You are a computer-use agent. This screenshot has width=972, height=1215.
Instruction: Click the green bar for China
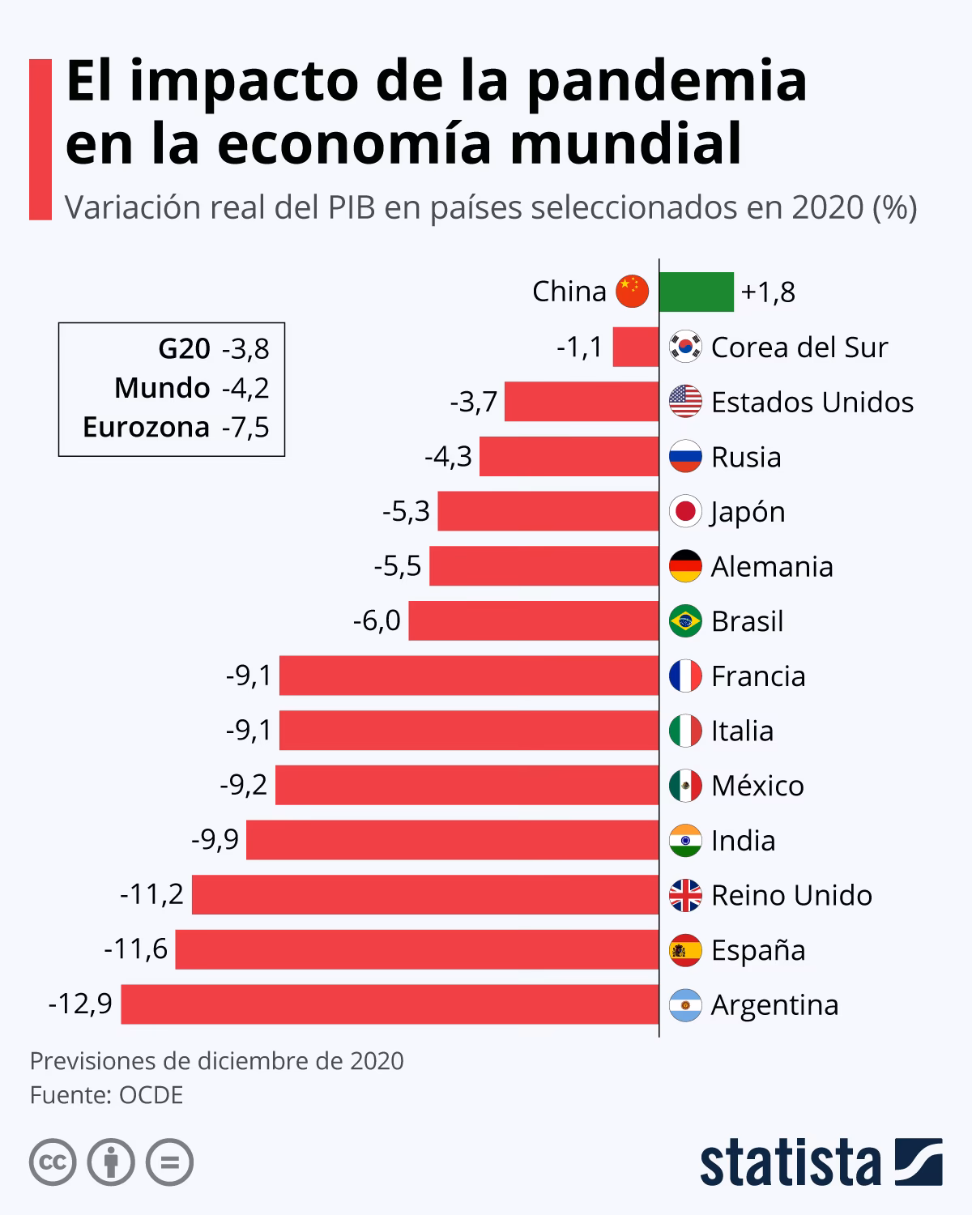coord(696,292)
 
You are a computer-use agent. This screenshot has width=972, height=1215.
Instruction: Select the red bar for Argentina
coord(390,1004)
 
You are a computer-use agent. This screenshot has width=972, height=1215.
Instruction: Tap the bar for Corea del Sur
coord(635,347)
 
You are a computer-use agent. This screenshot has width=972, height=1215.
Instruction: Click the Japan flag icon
coord(685,511)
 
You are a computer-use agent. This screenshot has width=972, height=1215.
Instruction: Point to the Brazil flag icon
coord(685,621)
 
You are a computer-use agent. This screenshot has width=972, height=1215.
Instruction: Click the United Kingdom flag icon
coord(685,895)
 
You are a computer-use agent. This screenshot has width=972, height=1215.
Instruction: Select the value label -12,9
coord(80,1004)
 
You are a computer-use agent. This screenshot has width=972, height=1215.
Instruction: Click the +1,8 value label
coord(768,292)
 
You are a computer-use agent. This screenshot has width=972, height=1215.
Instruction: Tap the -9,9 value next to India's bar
coord(215,840)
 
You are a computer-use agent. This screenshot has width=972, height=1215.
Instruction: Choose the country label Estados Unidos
coord(812,402)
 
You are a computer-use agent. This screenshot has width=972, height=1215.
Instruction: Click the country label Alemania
coord(771,566)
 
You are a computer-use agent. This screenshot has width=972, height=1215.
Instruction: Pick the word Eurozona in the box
coord(146,427)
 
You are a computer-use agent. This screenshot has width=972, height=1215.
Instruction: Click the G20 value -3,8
coord(245,348)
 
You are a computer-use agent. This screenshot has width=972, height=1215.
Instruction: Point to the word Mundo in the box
coord(162,388)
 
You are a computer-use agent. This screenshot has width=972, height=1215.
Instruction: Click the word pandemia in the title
coord(667,81)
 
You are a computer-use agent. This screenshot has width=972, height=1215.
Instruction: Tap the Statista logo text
coord(790,1163)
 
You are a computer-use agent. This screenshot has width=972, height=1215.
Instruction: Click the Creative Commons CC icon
coord(53,1163)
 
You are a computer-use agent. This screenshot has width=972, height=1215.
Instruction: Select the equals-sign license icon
coord(169,1163)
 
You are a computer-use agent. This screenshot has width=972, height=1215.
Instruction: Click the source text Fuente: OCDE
coord(106,1095)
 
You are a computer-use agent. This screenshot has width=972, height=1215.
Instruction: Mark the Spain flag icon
coord(685,950)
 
